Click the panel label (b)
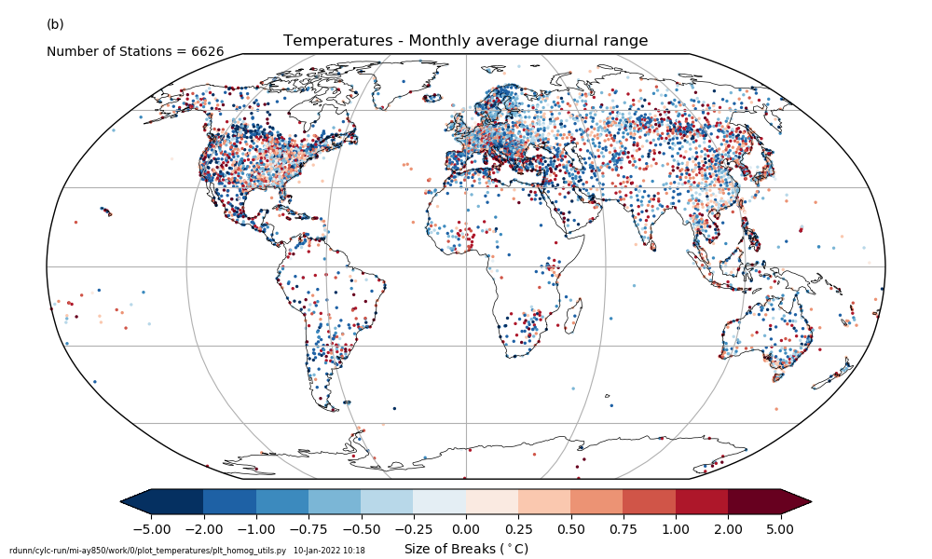pos(55,24)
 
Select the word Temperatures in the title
pos(330,41)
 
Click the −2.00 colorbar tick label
pos(203,529)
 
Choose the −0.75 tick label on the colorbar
pos(308,529)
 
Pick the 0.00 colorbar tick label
pos(466,529)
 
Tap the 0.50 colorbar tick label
pos(570,529)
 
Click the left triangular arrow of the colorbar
pos(136,501)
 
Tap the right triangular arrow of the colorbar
pos(796,501)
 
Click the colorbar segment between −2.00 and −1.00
pos(229,501)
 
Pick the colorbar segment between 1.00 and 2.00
pos(702,501)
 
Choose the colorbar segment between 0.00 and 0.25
pos(492,501)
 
